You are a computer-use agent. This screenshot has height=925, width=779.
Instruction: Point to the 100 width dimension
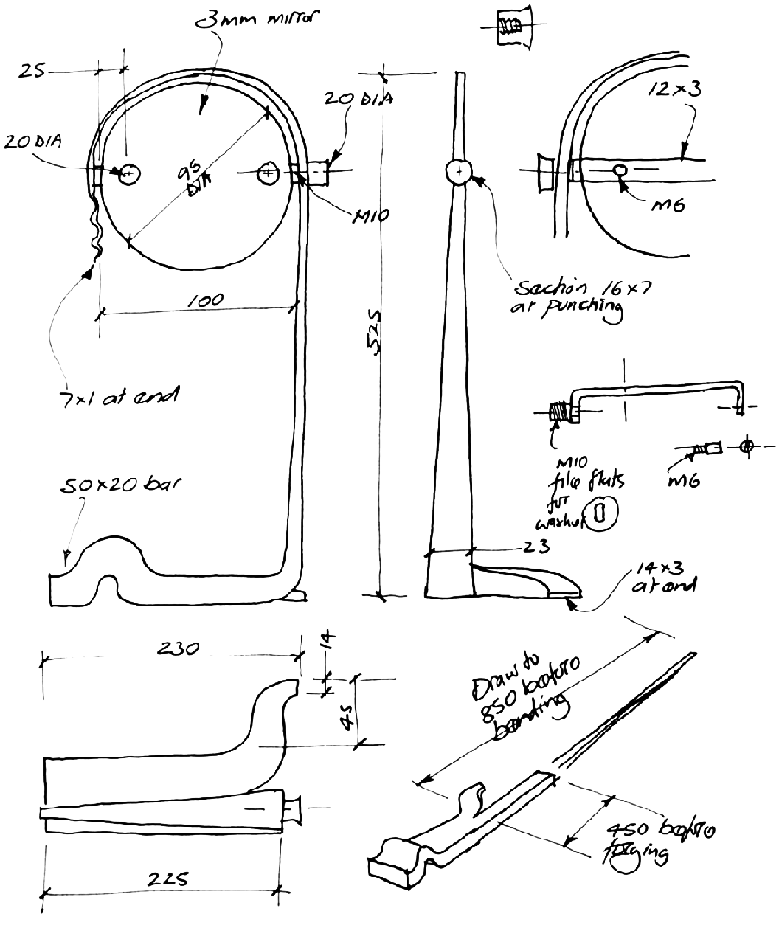(203, 300)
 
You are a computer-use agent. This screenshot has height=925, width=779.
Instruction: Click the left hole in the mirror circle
(130, 174)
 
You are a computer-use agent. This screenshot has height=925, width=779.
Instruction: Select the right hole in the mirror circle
(268, 174)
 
